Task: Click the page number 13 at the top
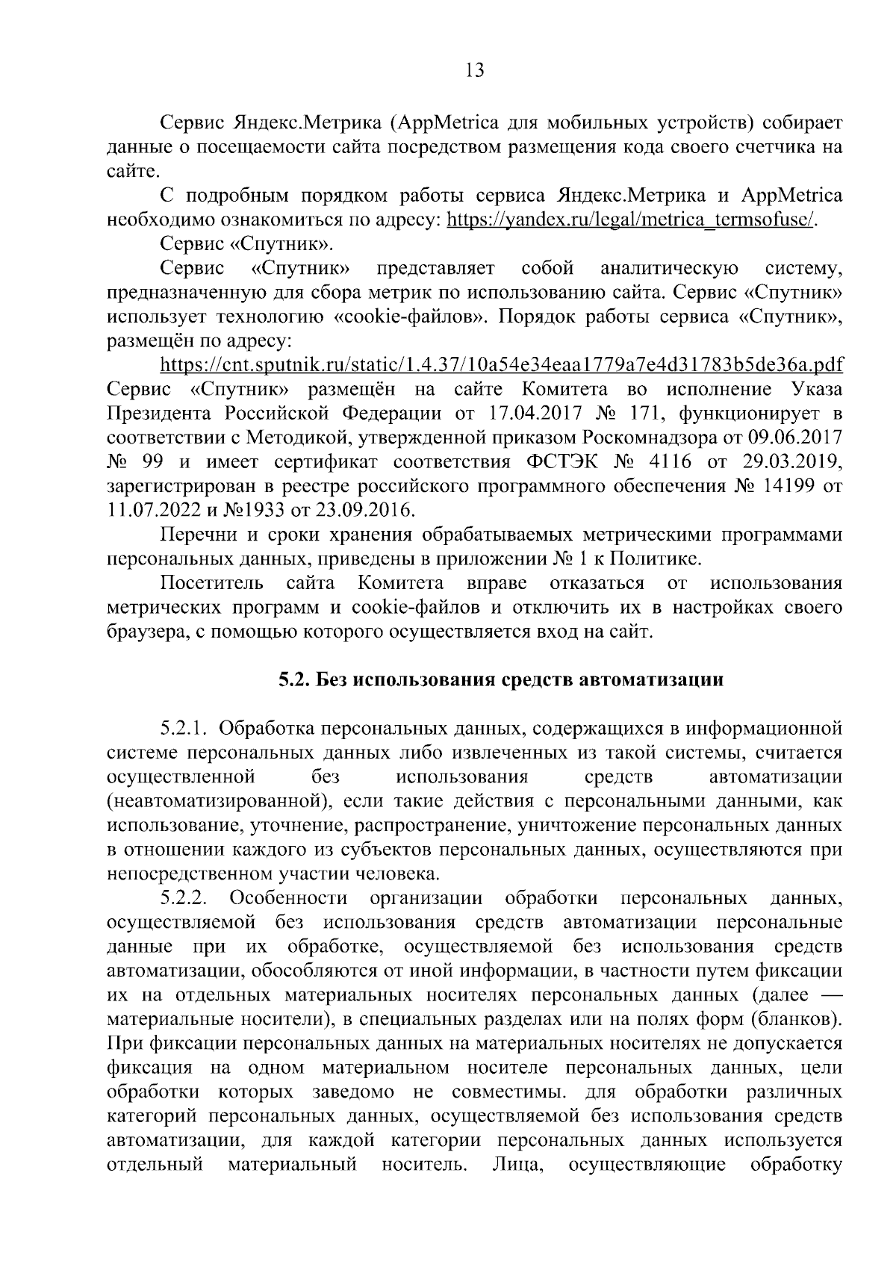coord(474,71)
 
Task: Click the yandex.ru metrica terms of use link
coord(631,220)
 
